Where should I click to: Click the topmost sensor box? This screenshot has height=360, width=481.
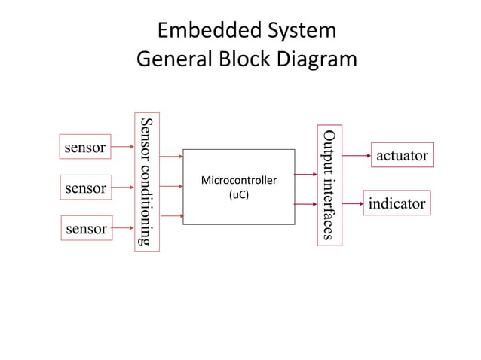(85, 148)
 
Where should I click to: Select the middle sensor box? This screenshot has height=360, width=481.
(85, 188)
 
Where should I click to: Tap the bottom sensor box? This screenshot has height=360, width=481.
(85, 228)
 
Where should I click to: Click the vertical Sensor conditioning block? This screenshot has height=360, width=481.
(147, 182)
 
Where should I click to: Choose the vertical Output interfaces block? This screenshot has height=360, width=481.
(329, 185)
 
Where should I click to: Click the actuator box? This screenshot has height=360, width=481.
(402, 155)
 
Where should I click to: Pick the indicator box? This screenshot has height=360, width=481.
(397, 203)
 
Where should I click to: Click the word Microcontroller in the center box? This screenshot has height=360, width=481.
(238, 182)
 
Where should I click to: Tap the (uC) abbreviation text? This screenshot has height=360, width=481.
(238, 195)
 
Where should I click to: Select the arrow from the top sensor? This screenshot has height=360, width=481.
(123, 148)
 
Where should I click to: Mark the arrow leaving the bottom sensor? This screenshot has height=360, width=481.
(123, 227)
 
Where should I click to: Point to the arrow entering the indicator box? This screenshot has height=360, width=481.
(352, 204)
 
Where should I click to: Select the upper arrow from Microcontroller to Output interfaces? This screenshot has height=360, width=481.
(305, 175)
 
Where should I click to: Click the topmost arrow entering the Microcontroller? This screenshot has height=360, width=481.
(171, 157)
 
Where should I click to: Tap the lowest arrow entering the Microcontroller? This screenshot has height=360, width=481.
(171, 216)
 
